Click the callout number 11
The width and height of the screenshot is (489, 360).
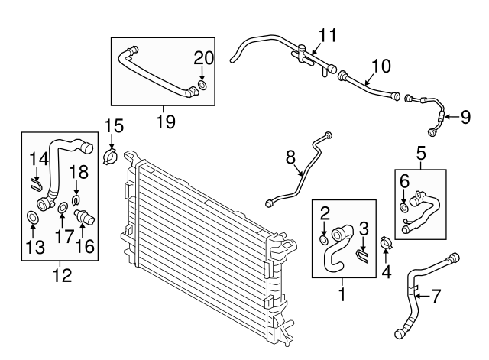click(328, 35)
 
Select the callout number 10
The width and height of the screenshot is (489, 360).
click(381, 66)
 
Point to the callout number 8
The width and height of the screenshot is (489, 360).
click(290, 158)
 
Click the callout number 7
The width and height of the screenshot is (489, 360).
click(436, 294)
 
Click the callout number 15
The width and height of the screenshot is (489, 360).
click(113, 125)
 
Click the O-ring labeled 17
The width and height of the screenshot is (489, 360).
click(61, 209)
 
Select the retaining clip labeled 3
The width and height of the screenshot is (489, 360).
click(365, 248)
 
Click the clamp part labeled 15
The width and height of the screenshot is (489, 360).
click(110, 155)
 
